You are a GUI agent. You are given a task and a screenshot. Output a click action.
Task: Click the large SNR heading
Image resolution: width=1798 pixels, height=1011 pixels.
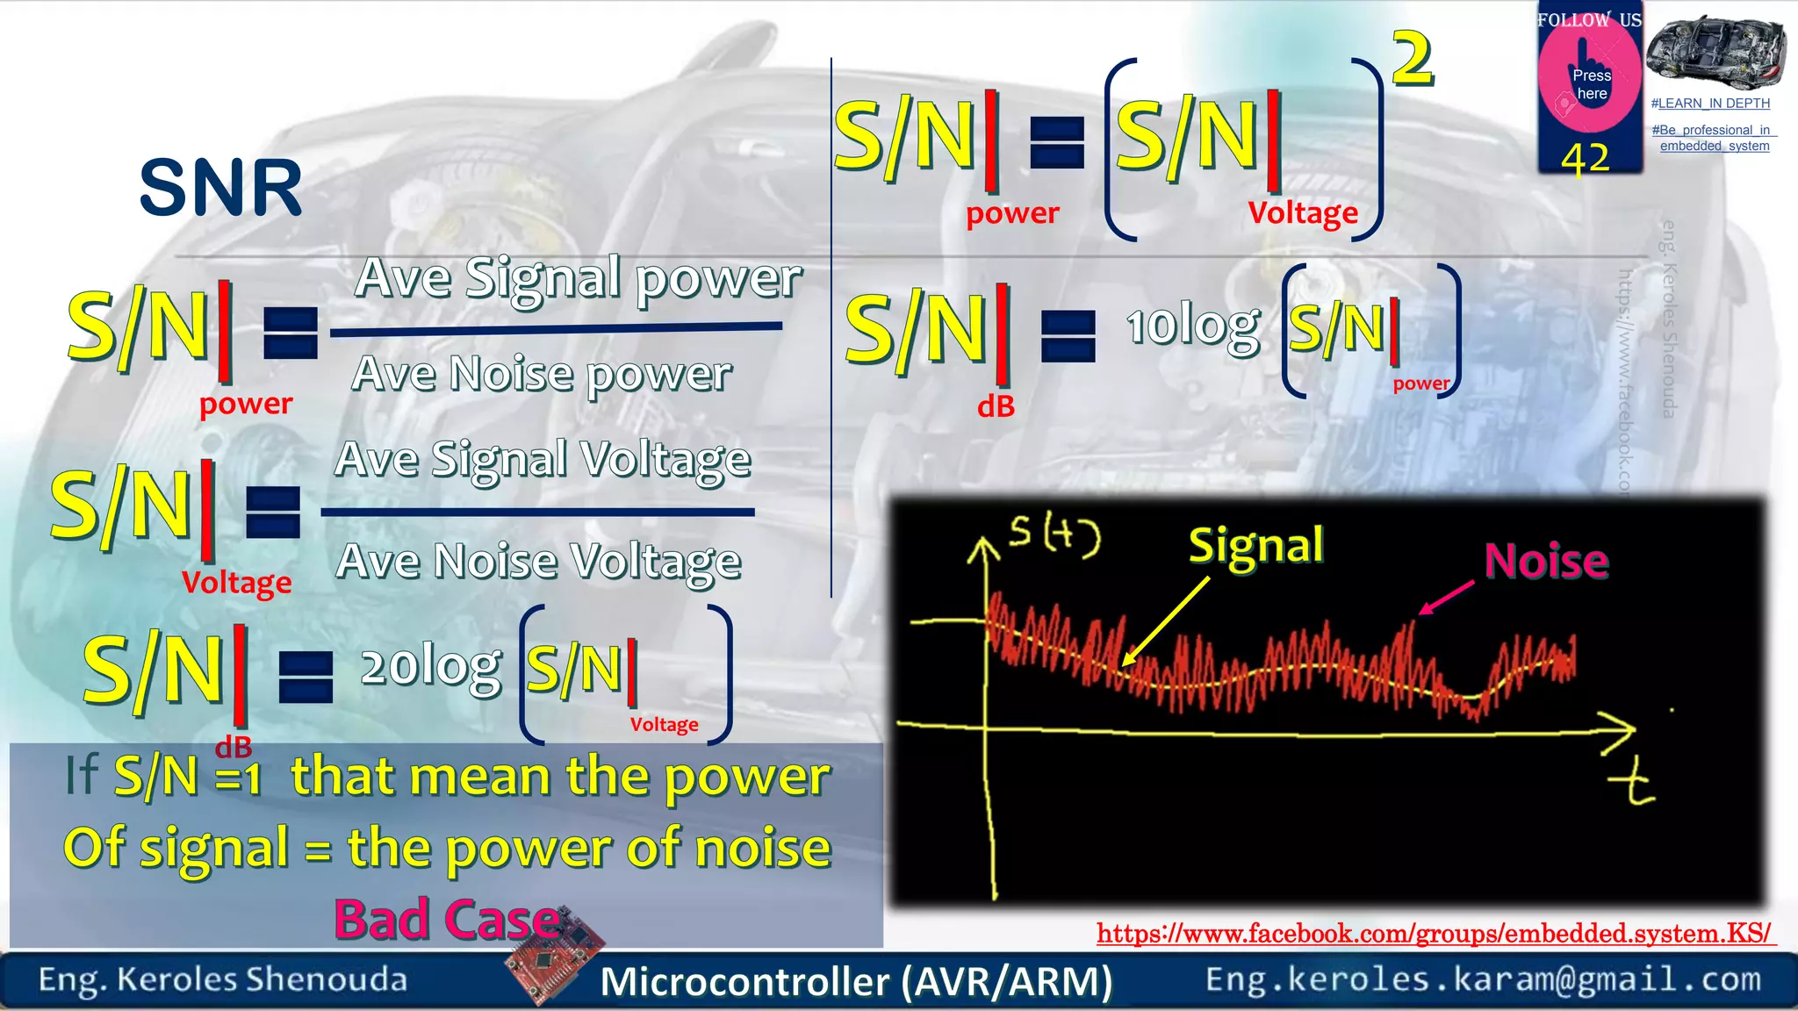(x=220, y=188)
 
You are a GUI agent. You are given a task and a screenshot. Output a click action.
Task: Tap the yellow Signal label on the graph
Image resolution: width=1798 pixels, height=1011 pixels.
(x=1255, y=546)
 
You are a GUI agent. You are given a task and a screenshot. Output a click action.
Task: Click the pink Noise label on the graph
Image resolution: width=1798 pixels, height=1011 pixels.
(x=1546, y=561)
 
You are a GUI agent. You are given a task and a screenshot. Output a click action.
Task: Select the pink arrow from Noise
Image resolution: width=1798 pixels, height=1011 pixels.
(x=1447, y=598)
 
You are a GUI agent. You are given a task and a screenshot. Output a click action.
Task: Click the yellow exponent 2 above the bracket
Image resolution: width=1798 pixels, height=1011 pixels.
(x=1413, y=59)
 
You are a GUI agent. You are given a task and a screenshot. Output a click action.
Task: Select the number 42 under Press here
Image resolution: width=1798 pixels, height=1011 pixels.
(x=1586, y=159)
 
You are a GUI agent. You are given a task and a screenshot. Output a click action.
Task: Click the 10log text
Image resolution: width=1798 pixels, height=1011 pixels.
(x=1193, y=329)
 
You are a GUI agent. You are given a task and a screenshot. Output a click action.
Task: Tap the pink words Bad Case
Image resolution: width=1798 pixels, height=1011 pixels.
(x=446, y=920)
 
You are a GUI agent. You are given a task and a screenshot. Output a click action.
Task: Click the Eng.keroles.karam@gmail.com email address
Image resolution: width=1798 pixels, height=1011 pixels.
(x=1483, y=979)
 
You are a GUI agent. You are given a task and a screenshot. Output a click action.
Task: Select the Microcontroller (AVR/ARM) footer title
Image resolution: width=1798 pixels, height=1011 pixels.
(x=856, y=981)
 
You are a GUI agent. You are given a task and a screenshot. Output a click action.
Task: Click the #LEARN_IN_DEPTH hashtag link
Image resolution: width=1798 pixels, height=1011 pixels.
(x=1710, y=104)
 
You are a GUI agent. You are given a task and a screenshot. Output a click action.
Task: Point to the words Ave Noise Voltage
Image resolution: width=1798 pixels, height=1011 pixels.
(x=538, y=562)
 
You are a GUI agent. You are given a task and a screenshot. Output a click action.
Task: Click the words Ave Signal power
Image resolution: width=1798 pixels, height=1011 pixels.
(x=579, y=279)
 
